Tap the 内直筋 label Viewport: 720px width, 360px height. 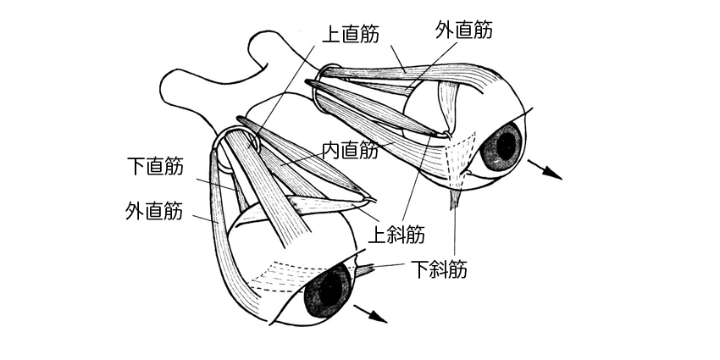[350, 150]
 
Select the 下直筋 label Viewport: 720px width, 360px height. [155, 166]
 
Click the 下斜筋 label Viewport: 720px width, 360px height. [439, 270]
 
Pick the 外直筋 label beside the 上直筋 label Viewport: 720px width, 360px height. [463, 30]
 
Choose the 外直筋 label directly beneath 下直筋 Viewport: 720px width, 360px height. [153, 210]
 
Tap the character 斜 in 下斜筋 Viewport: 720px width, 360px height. [439, 270]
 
